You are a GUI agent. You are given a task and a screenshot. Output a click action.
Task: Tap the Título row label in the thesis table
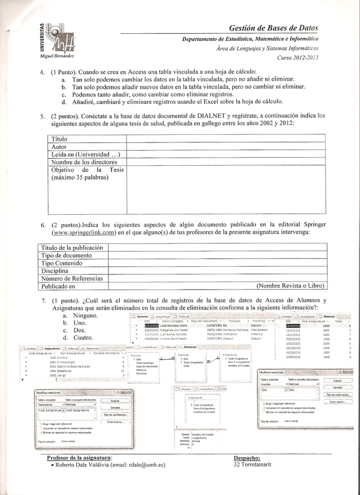[x=60, y=139]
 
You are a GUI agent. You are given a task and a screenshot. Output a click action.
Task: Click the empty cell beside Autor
[x=226, y=147]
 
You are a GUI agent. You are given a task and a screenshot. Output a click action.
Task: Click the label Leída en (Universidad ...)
[x=86, y=154]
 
